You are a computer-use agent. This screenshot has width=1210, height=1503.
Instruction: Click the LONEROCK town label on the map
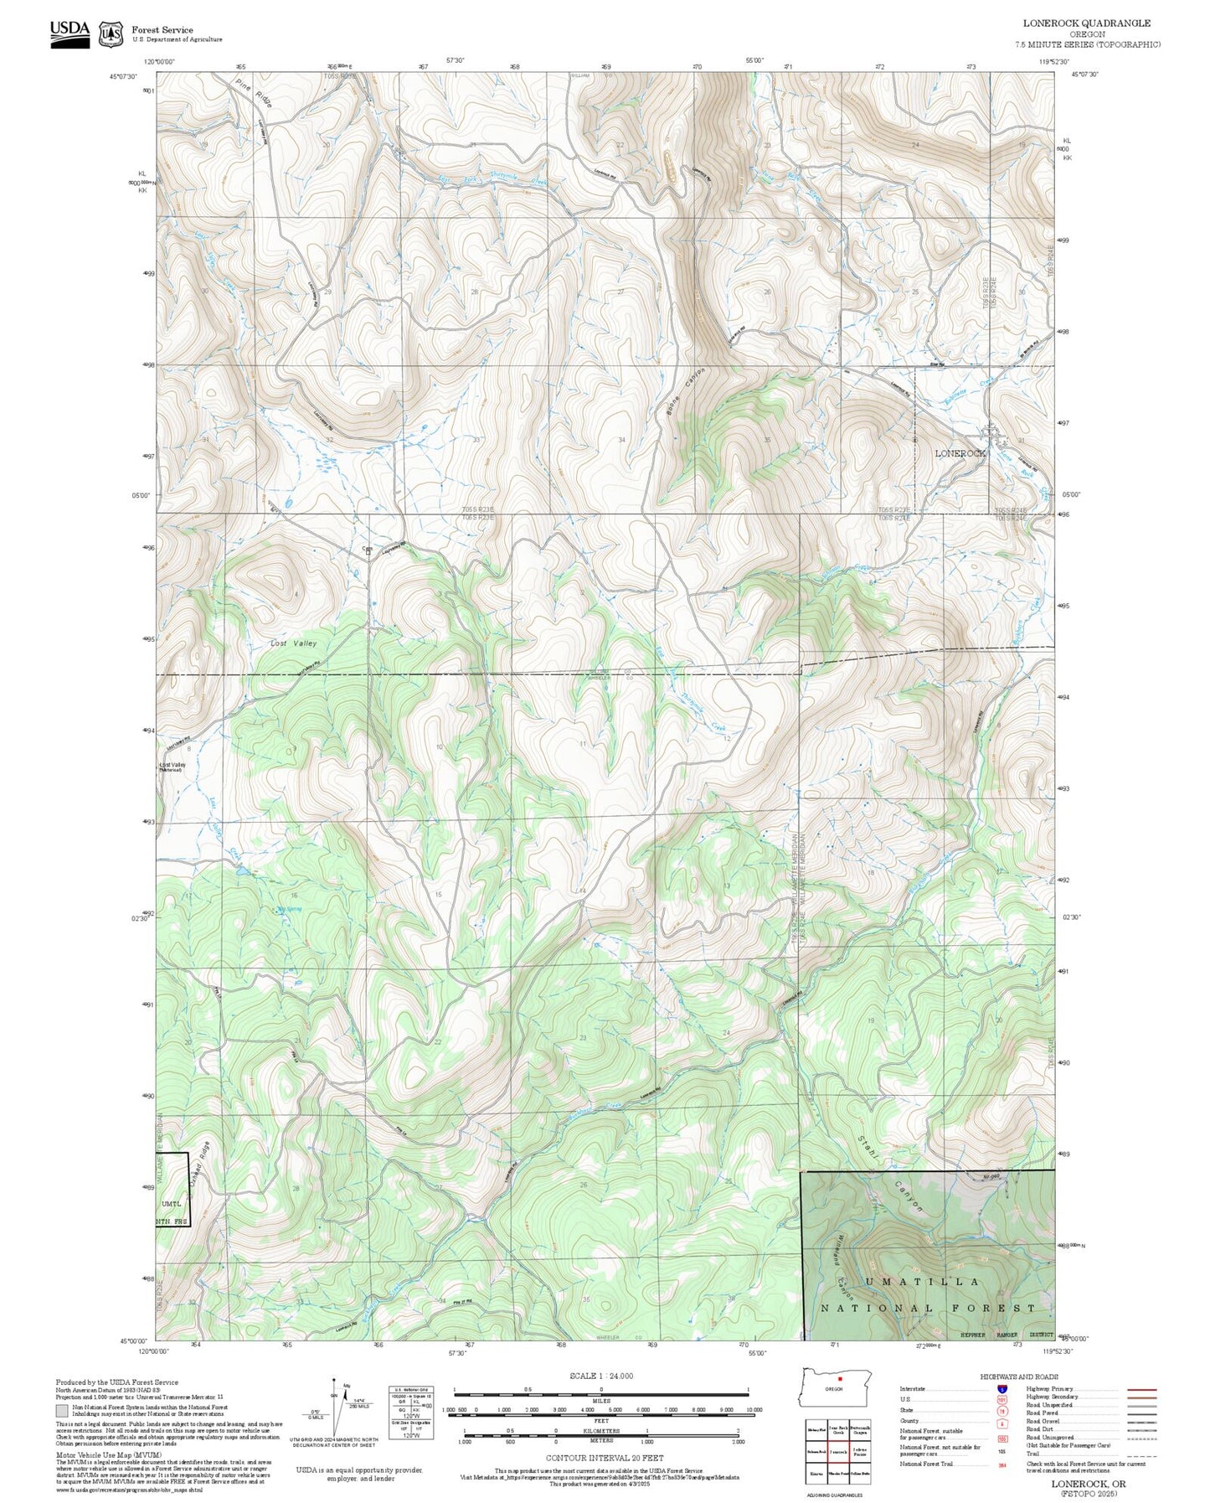pos(961,453)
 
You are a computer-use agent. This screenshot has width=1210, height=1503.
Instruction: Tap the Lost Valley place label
pos(293,643)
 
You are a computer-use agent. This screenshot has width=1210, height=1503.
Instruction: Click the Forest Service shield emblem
pos(111,34)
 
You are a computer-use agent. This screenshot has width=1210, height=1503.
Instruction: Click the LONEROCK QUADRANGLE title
pos(1086,23)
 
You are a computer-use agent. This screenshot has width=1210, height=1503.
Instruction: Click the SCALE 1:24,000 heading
pos(601,1376)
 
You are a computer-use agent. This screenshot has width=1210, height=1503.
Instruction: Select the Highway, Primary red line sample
pos(1142,1389)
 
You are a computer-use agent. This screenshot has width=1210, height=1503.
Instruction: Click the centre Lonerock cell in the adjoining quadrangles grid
pos(838,1451)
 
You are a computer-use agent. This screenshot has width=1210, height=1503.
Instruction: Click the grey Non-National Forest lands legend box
pos(63,1410)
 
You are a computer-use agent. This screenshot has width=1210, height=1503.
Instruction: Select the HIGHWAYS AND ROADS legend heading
pos(1019,1376)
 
